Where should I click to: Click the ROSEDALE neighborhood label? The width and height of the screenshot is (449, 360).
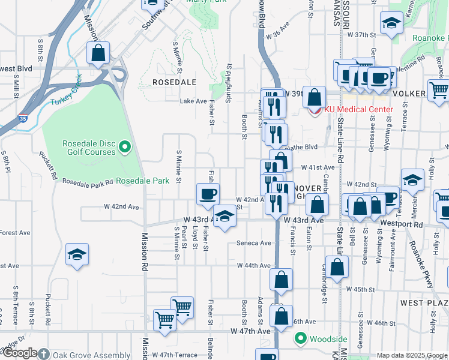tap(175, 82)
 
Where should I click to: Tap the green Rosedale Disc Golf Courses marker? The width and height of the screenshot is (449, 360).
tap(125, 146)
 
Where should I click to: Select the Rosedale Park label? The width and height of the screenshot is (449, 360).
tap(142, 181)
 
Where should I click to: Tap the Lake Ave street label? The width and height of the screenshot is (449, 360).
tap(194, 101)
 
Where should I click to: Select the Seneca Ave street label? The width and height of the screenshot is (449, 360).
tap(254, 243)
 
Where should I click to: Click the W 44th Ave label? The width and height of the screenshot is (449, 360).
tap(254, 265)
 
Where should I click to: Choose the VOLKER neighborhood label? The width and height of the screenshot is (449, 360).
tap(408, 94)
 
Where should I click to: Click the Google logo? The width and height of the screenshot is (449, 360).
tap(21, 353)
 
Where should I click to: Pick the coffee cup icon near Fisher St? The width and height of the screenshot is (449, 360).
tap(208, 194)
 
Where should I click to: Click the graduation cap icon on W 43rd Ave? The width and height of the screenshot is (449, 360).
tap(224, 216)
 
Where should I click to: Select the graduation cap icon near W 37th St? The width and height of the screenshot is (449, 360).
tap(391, 23)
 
